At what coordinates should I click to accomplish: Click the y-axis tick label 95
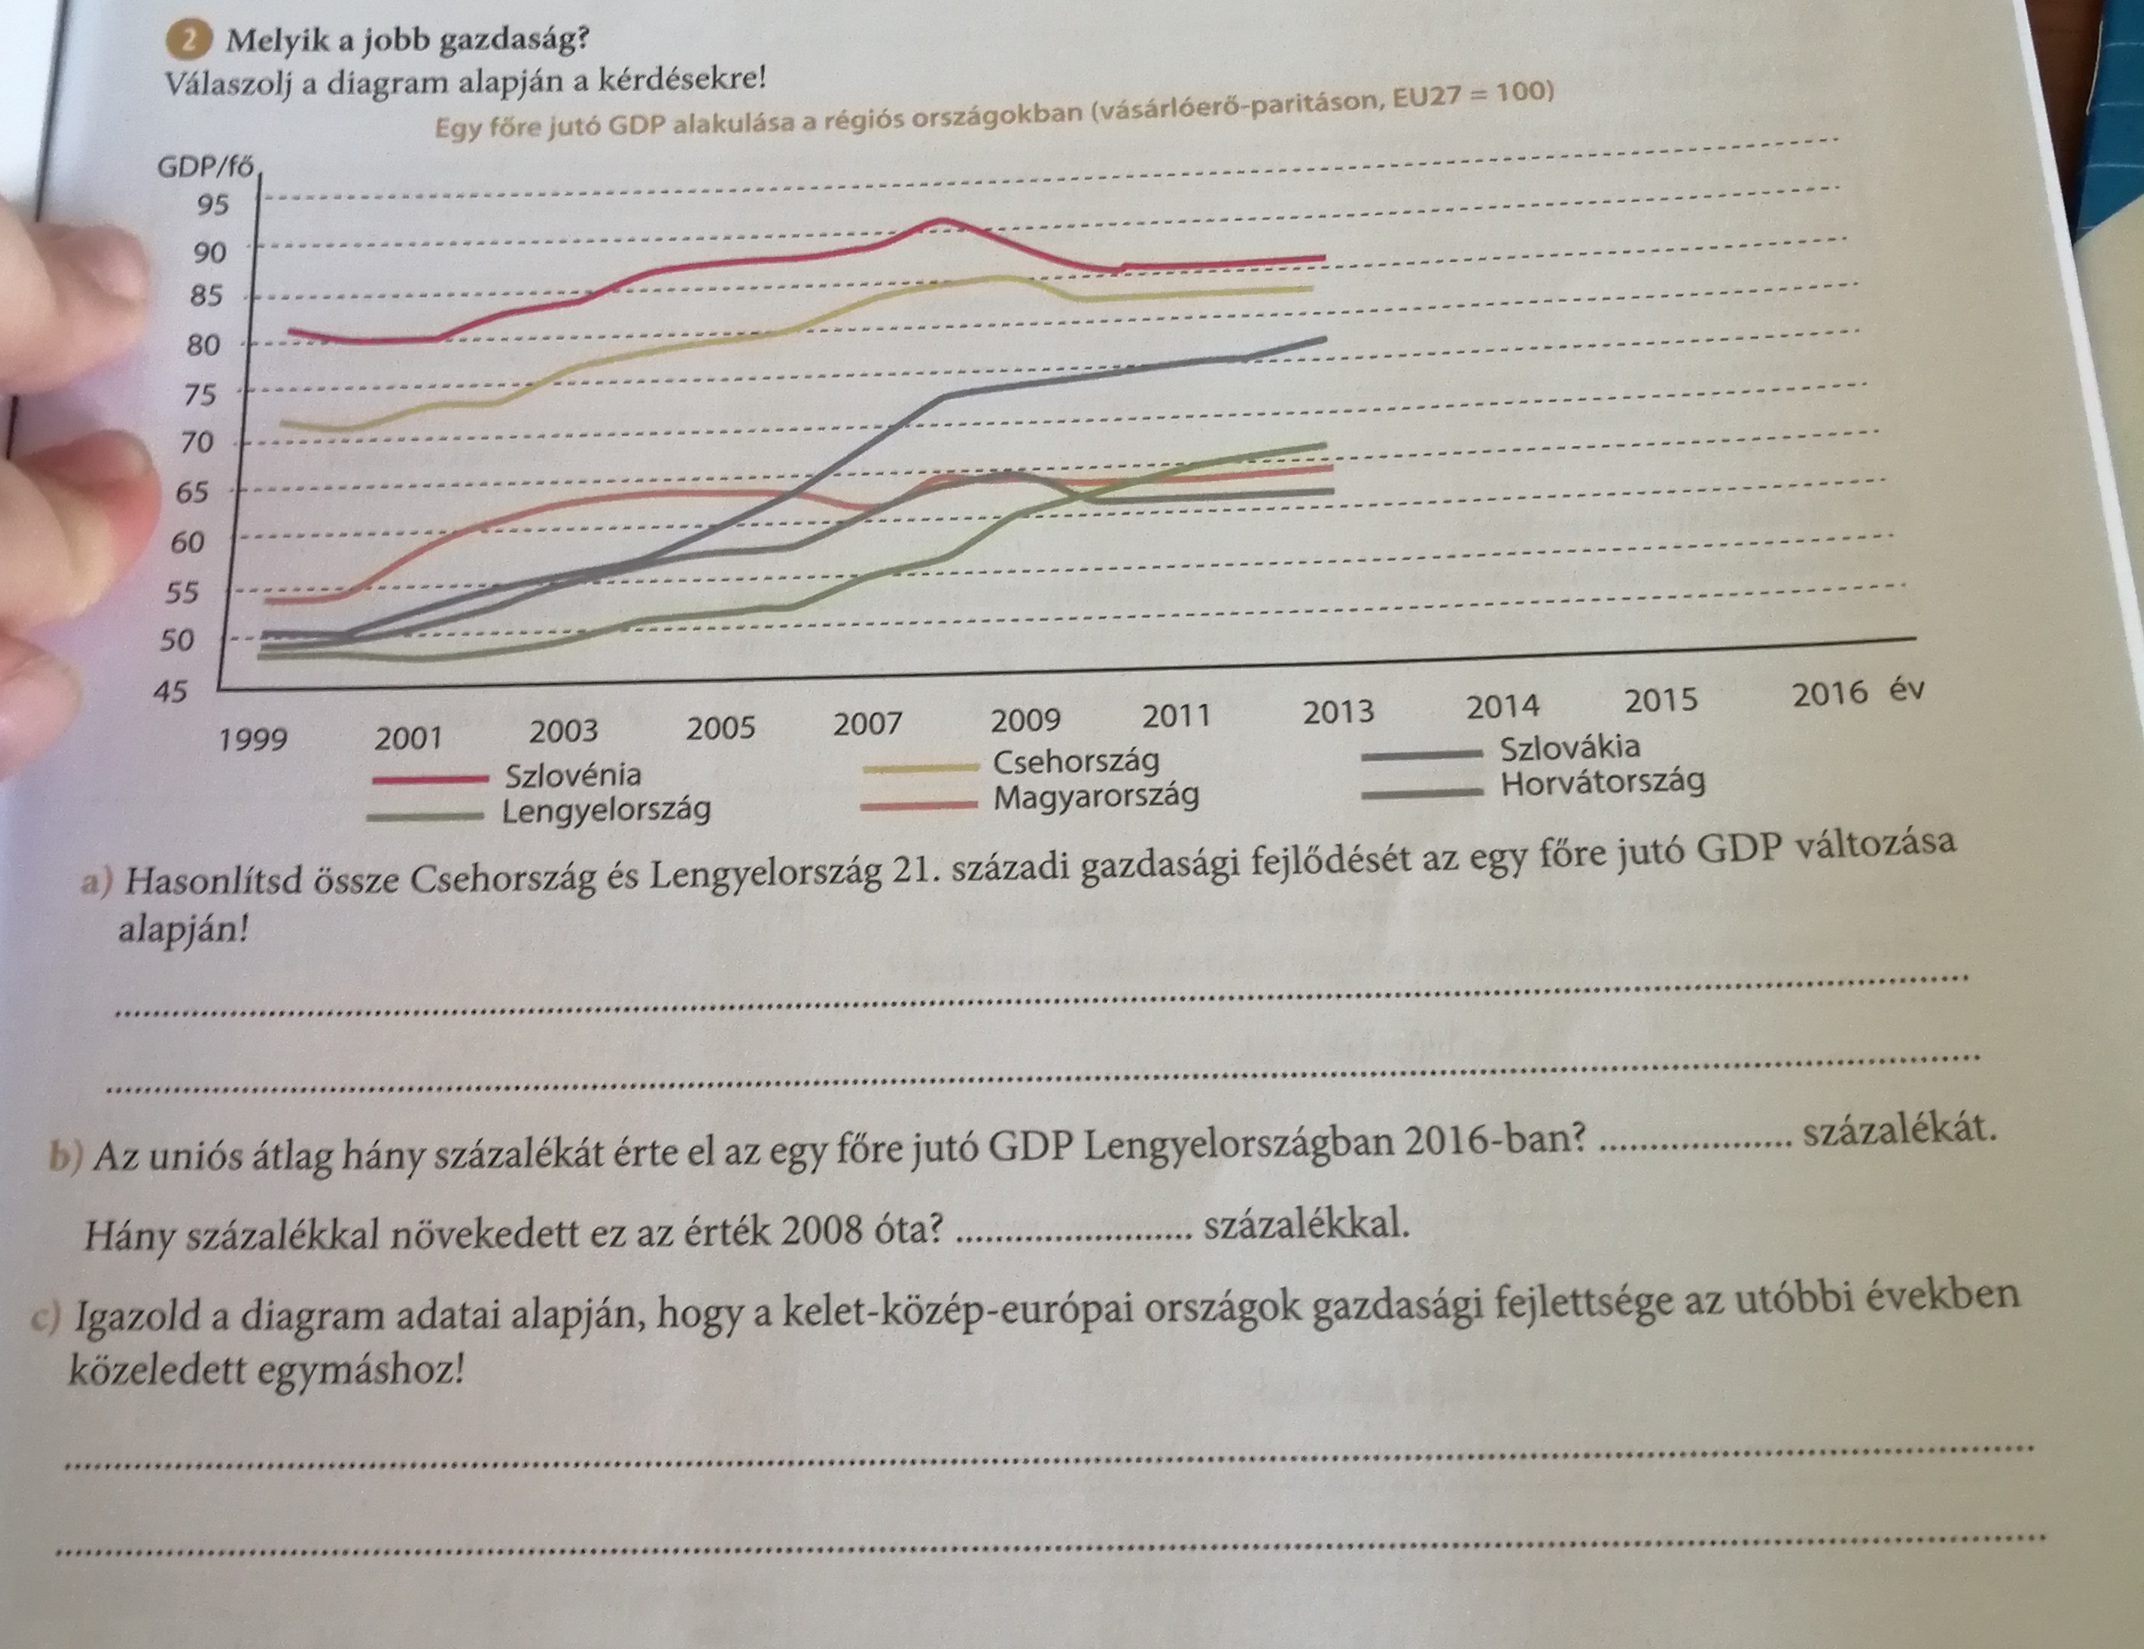click(x=212, y=206)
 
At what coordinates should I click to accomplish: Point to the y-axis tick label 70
click(x=197, y=443)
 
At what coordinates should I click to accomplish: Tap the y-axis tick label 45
click(x=170, y=692)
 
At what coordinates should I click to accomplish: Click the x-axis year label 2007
click(x=867, y=725)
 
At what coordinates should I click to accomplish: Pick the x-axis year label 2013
click(x=1338, y=712)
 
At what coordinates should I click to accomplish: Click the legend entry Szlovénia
click(x=572, y=775)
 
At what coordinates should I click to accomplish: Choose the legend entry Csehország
click(x=1076, y=762)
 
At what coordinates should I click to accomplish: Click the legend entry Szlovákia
click(x=1570, y=747)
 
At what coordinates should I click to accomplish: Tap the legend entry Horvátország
click(x=1602, y=783)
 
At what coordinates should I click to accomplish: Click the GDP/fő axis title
click(x=205, y=168)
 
